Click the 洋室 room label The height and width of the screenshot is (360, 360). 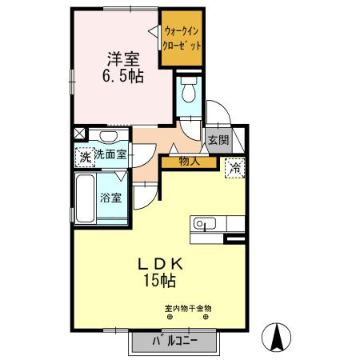123,59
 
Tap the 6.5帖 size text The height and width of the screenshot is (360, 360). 123,76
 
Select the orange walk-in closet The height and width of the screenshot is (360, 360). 182,38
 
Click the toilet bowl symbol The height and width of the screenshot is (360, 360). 188,90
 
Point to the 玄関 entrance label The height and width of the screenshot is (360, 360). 218,140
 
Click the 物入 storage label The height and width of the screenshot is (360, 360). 190,162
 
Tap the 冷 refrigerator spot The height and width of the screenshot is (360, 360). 235,168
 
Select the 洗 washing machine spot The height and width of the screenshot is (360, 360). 85,158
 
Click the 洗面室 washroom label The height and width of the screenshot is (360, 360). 110,154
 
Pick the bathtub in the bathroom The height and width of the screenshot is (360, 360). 86,198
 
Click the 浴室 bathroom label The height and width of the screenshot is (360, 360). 111,198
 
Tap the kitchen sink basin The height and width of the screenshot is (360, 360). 205,223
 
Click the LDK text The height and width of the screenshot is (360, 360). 160,264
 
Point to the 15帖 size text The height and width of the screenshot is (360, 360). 160,281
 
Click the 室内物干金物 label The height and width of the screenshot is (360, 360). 188,309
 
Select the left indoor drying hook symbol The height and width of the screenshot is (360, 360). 170,317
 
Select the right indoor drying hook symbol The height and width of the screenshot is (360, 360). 206,317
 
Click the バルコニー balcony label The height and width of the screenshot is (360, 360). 175,342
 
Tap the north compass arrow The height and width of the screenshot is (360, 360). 276,337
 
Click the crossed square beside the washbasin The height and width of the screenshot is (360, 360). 79,134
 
